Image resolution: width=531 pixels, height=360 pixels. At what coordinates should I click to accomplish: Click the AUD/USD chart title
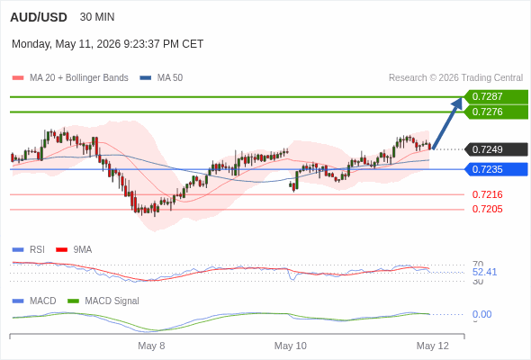pyautogui.click(x=39, y=17)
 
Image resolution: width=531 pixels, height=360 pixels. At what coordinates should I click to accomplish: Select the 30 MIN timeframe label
pyautogui.click(x=97, y=17)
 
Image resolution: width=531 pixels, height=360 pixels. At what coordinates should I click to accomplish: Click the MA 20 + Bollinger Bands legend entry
pyautogui.click(x=70, y=78)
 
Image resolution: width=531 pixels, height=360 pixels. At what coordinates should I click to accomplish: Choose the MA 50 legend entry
pyautogui.click(x=161, y=78)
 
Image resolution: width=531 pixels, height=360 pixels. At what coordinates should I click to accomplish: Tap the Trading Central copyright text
pyautogui.click(x=455, y=78)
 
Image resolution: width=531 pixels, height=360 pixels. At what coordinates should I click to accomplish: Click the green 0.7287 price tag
pyautogui.click(x=496, y=97)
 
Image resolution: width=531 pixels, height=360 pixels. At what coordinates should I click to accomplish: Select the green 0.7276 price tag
pyautogui.click(x=496, y=112)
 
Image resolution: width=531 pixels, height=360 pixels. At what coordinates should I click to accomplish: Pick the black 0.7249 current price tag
pyautogui.click(x=496, y=149)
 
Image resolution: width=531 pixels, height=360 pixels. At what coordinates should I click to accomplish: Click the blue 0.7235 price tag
pyautogui.click(x=496, y=169)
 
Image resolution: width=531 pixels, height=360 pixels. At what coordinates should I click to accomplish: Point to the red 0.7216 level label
pyautogui.click(x=487, y=194)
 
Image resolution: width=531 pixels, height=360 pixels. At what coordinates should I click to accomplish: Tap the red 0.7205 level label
pyautogui.click(x=487, y=210)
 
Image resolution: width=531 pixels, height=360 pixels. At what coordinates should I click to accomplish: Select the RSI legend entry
pyautogui.click(x=29, y=250)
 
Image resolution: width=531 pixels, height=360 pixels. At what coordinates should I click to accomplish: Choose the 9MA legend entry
pyautogui.click(x=74, y=250)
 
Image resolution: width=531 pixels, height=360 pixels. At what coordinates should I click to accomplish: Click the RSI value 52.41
pyautogui.click(x=484, y=272)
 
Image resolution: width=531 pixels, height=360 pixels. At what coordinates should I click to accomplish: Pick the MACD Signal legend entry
pyautogui.click(x=103, y=301)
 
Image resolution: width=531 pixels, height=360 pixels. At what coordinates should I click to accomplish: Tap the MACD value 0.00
pyautogui.click(x=481, y=314)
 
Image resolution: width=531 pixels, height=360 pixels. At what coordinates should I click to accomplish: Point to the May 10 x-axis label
pyautogui.click(x=291, y=346)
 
